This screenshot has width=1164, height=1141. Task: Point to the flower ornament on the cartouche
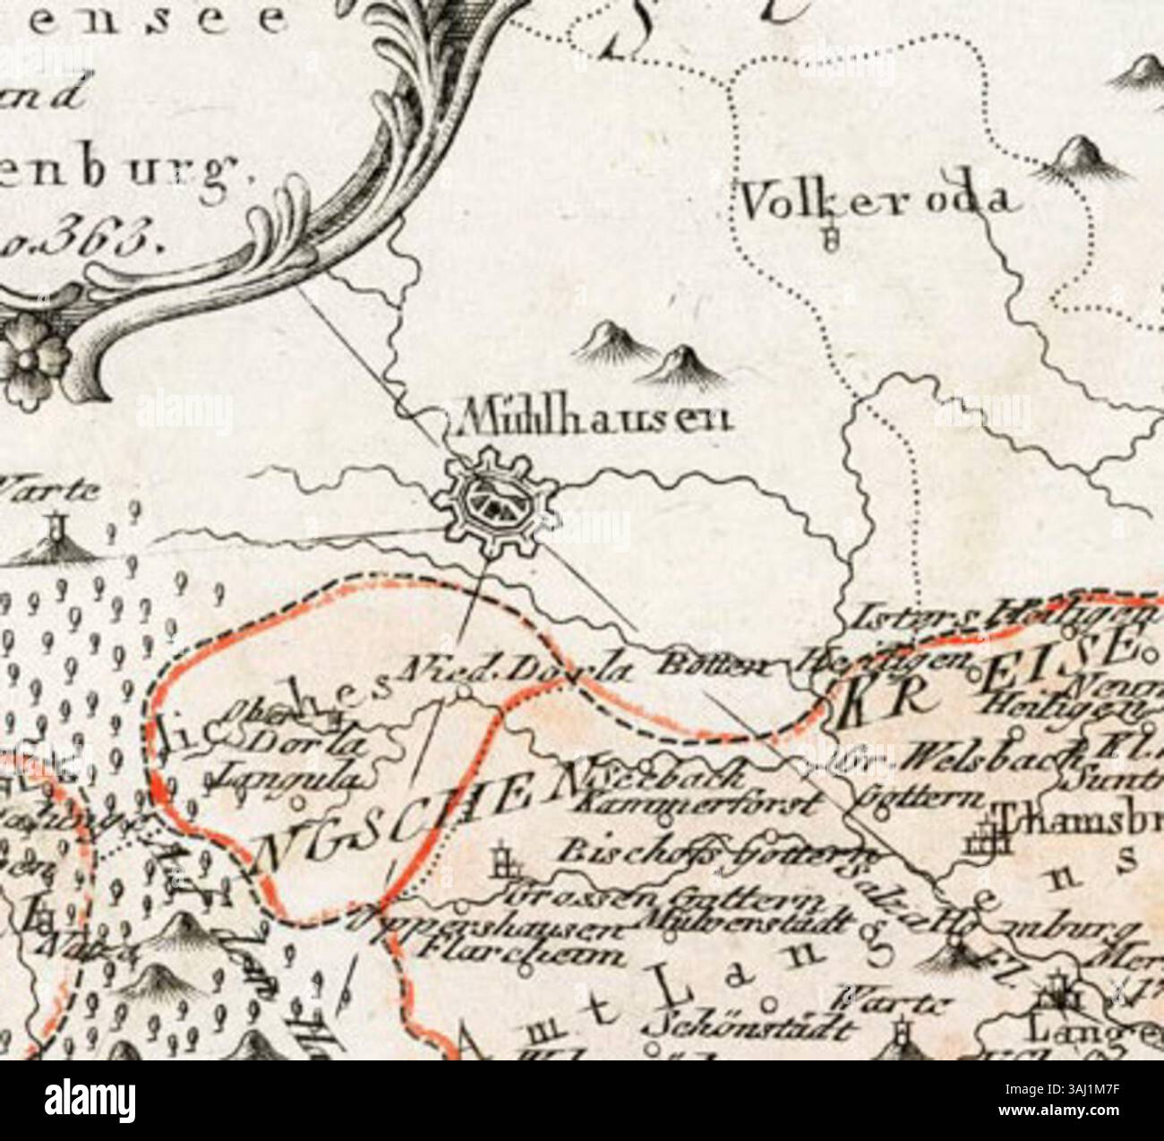[33, 356]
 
